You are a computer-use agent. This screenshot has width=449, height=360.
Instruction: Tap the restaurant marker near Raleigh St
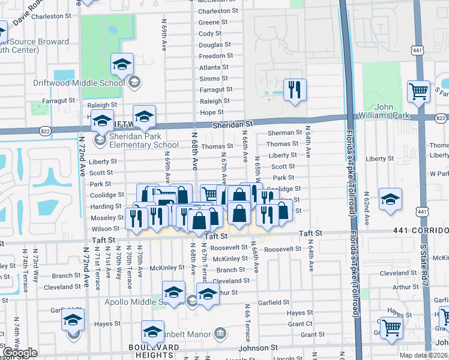[x=294, y=90]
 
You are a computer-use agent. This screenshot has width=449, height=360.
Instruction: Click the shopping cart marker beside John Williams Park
[x=418, y=92]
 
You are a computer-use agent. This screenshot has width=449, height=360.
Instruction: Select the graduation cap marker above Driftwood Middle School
[x=122, y=64]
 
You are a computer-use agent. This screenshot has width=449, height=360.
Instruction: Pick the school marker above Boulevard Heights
[x=152, y=331]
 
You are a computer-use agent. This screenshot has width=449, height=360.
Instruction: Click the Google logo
[x=20, y=353]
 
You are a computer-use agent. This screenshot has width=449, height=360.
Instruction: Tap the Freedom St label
[x=216, y=56]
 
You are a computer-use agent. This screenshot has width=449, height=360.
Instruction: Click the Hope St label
[x=211, y=113]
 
